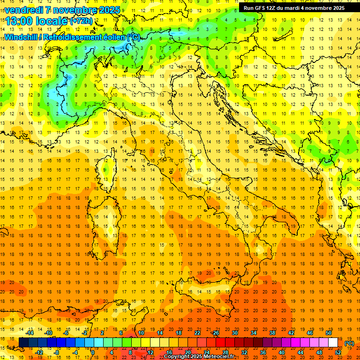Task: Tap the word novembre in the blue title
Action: (x=75, y=10)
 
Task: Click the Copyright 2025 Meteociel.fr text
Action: (x=199, y=357)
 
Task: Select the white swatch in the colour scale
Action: (x=333, y=343)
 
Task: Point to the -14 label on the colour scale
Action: (x=30, y=333)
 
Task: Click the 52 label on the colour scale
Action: (x=338, y=352)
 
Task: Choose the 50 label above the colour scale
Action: (x=329, y=333)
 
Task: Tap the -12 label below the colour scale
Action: (x=39, y=352)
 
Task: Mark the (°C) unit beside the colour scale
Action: (x=349, y=343)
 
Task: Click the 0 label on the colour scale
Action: (x=93, y=352)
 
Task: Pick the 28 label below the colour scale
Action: (x=225, y=352)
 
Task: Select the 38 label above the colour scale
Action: (x=272, y=333)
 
